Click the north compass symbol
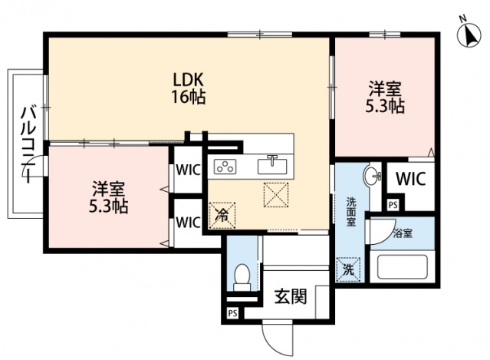tap(466, 33)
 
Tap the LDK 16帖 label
tap(188, 88)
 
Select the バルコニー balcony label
tap(28, 144)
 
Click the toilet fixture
tap(242, 276)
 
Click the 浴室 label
tap(403, 233)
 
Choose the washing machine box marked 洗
tap(348, 269)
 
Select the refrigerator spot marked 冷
tap(220, 215)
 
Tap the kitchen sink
tap(271, 165)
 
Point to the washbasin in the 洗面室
tap(373, 176)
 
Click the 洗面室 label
tap(350, 210)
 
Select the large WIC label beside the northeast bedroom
tap(409, 180)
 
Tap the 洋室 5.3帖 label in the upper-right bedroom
tap(385, 97)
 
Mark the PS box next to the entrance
tap(232, 314)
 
